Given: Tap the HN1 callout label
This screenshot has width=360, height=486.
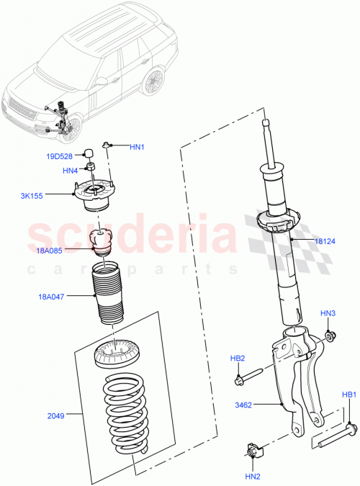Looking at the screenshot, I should click(137, 148).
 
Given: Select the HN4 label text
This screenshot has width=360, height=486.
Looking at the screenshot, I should click(70, 171).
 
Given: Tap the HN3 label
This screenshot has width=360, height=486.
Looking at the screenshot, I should click(328, 313).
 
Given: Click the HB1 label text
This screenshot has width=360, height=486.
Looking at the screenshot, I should click(349, 395).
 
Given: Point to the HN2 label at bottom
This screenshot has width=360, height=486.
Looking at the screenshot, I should click(252, 476).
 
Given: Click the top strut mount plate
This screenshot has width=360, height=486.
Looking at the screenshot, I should click(96, 194).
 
